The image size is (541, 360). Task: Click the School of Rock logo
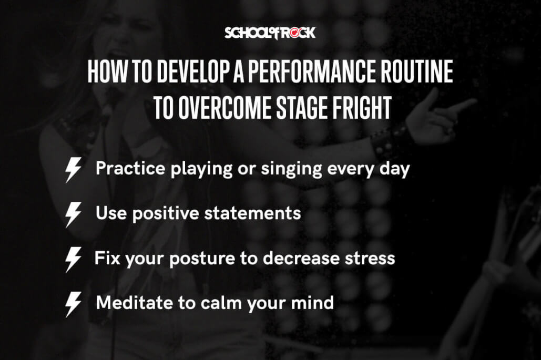tap(270, 33)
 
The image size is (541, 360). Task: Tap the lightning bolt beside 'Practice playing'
tap(73, 170)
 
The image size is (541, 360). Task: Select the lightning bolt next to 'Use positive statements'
tap(73, 214)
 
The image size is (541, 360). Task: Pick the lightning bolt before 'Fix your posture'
tap(73, 259)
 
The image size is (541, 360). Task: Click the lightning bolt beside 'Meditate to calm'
tap(73, 304)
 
